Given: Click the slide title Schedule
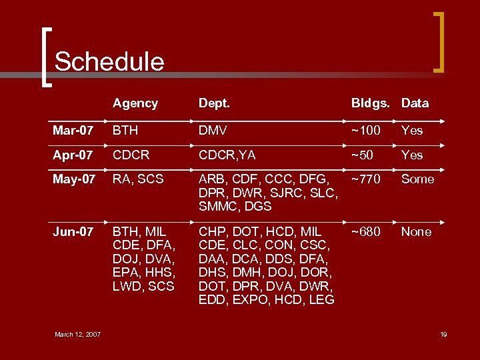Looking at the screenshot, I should [109, 61].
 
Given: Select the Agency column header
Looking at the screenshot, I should [135, 103].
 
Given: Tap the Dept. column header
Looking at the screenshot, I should [214, 103].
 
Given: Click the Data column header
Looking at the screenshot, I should [415, 103].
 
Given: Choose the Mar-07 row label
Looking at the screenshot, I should [73, 130].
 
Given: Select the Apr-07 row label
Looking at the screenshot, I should [72, 155].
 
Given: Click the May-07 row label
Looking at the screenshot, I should [75, 179].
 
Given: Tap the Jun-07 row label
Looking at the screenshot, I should [73, 232].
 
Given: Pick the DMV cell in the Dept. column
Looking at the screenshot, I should [213, 130].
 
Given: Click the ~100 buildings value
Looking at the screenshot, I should [366, 130].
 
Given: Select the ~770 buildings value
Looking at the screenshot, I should [366, 179].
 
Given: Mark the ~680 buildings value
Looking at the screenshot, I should [366, 232].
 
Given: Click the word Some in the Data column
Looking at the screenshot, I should [417, 179].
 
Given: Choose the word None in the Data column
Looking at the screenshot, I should [416, 232].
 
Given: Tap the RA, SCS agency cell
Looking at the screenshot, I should [138, 179].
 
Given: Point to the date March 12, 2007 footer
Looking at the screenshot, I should [77, 334].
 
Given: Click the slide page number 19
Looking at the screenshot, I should [443, 334].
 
